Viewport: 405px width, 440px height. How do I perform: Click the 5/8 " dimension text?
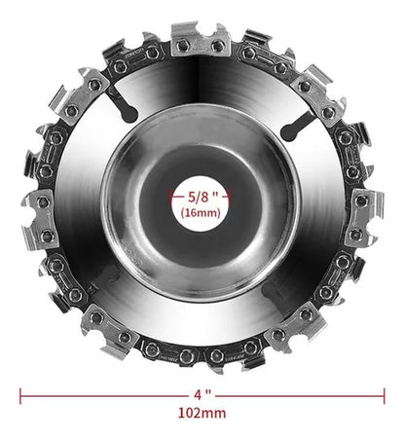pyautogui.click(x=202, y=197)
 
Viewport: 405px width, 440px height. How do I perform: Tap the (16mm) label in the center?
pyautogui.click(x=201, y=213)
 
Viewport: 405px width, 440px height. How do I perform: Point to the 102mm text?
pyautogui.click(x=202, y=414)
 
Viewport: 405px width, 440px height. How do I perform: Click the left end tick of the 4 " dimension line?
pyautogui.click(x=20, y=396)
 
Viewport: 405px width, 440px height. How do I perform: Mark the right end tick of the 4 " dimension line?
pyautogui.click(x=385, y=396)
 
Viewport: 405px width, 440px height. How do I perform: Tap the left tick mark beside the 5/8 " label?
pyautogui.click(x=172, y=197)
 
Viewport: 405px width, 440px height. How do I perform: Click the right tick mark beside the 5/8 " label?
pyautogui.click(x=229, y=197)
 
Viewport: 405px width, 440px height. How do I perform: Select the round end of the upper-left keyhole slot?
pyautogui.click(x=129, y=114)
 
